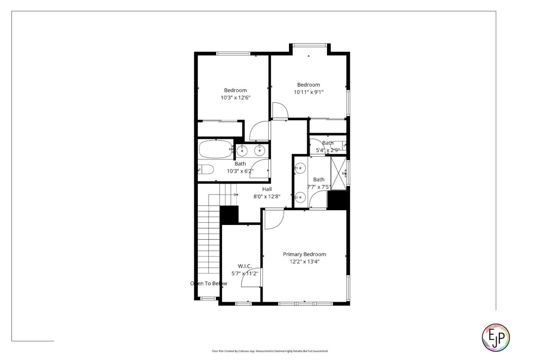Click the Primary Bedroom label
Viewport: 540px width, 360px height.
tap(304, 254)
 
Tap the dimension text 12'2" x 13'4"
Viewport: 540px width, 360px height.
tap(304, 262)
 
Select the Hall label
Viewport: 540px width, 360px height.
tap(267, 189)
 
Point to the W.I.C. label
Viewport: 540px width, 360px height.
tap(244, 266)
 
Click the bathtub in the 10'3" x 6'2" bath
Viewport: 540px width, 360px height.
tap(215, 149)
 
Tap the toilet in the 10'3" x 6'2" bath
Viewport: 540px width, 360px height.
tap(206, 169)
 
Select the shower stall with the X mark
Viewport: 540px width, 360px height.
tap(338, 173)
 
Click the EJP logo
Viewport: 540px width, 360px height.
tap(495, 337)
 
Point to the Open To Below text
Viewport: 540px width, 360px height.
tap(208, 283)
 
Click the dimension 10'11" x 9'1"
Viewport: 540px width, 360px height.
tap(308, 92)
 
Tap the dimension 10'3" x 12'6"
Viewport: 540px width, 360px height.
tap(235, 97)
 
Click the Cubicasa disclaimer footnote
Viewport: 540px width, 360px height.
tap(270, 351)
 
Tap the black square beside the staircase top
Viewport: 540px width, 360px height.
tap(229, 214)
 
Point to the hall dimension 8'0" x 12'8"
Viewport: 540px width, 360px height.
tap(267, 196)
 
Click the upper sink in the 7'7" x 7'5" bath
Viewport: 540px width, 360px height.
tap(300, 169)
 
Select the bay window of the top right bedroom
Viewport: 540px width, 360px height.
tap(309, 45)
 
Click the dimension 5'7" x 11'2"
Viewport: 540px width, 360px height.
tap(244, 274)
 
